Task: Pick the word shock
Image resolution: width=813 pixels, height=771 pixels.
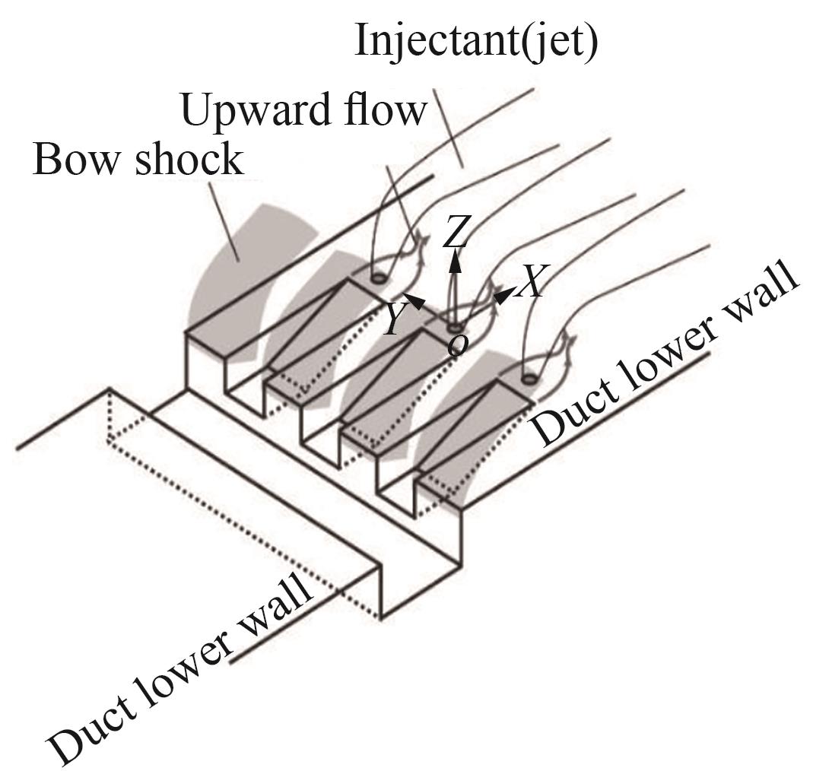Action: (189, 158)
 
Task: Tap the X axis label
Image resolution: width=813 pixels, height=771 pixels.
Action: (531, 282)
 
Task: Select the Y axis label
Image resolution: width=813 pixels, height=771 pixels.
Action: (394, 320)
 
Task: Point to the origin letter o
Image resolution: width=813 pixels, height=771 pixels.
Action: (457, 345)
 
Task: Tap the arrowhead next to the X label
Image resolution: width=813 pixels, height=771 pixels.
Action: (503, 296)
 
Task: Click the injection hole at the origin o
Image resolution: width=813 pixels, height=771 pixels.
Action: (456, 328)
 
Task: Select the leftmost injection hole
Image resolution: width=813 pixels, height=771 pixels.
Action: (378, 278)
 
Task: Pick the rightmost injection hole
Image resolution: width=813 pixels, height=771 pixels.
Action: (529, 379)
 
